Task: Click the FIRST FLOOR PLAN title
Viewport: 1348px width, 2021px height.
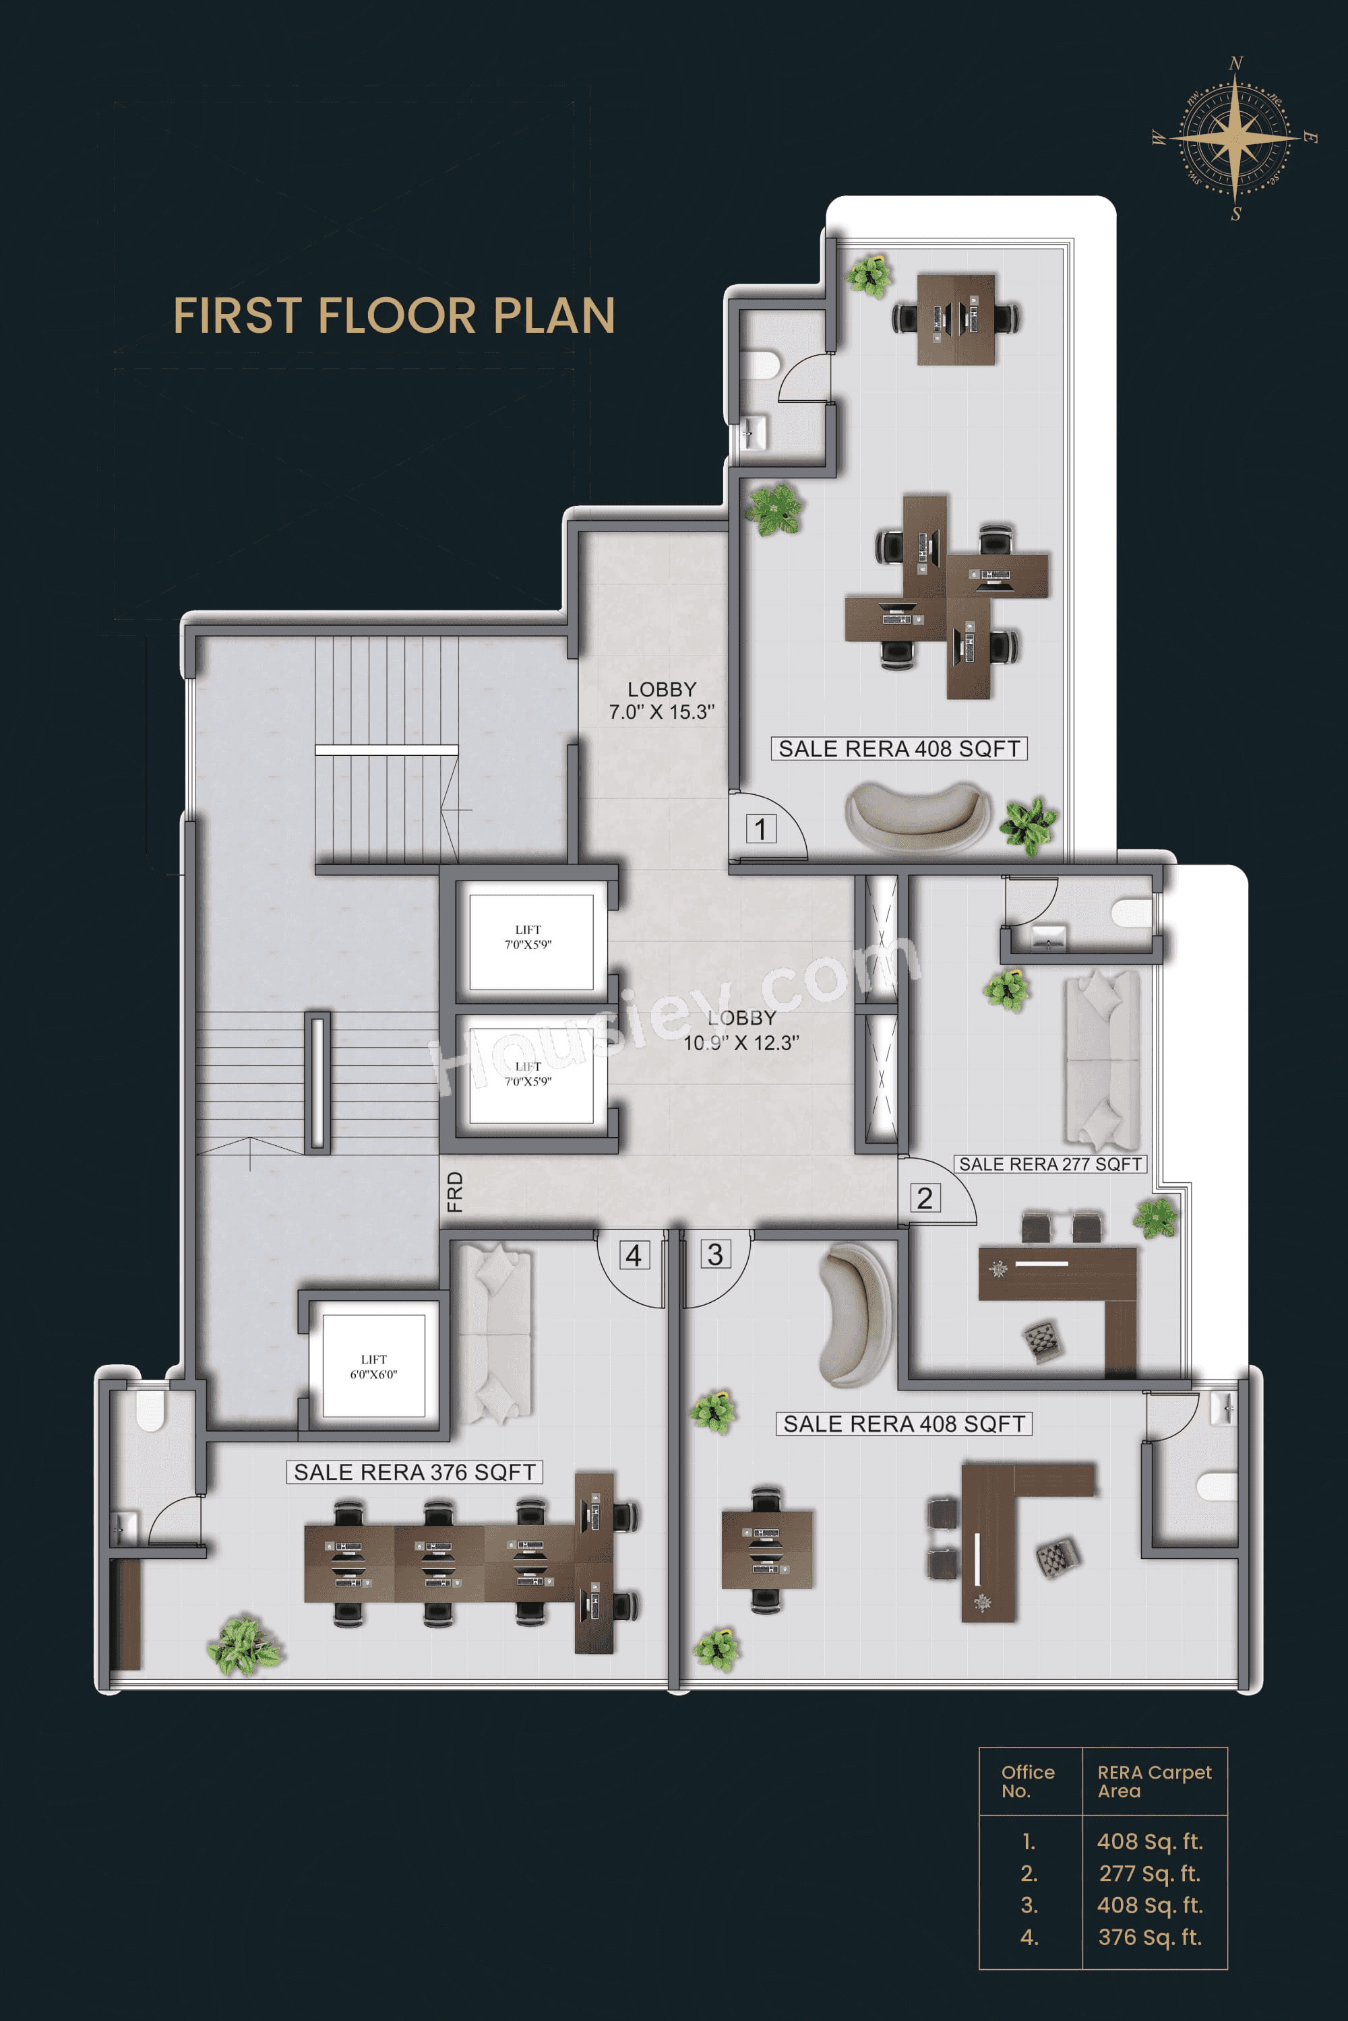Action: tap(394, 315)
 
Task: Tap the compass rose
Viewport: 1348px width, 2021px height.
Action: tap(1235, 137)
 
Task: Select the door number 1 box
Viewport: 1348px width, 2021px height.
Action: tap(760, 829)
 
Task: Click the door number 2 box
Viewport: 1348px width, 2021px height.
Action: tap(924, 1197)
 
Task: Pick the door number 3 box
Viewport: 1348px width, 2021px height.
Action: tap(714, 1254)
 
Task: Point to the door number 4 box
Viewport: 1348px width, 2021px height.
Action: tap(634, 1256)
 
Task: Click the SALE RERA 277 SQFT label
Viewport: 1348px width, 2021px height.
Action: tap(1049, 1164)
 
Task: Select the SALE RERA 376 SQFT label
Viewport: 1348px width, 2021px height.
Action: tap(415, 1472)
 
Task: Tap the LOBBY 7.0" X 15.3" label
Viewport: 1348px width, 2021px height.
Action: tap(661, 701)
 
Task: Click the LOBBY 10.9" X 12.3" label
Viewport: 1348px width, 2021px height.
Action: tap(741, 1030)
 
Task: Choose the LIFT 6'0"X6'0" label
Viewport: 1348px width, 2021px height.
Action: tap(373, 1366)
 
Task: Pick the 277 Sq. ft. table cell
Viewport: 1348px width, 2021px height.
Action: tap(1148, 1873)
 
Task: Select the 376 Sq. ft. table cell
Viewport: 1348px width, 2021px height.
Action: tap(1148, 1937)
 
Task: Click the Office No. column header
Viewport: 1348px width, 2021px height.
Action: tap(1027, 1781)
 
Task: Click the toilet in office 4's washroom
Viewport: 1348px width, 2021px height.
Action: tap(150, 1409)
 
